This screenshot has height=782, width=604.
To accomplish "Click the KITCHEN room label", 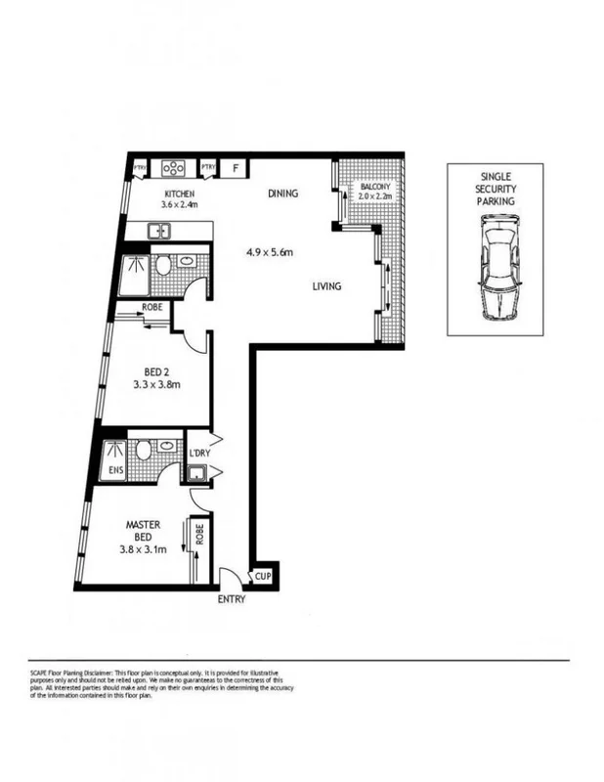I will (180, 194).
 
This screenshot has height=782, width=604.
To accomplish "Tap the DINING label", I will (283, 194).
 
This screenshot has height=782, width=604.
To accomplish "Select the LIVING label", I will (325, 286).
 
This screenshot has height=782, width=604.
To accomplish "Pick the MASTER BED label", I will (143, 532).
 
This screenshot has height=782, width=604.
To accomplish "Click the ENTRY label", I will (232, 599).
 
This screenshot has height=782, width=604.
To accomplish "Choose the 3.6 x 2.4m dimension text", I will (180, 205).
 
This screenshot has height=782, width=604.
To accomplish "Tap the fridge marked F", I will (236, 168).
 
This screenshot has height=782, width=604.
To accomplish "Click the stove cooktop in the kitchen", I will (174, 168).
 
